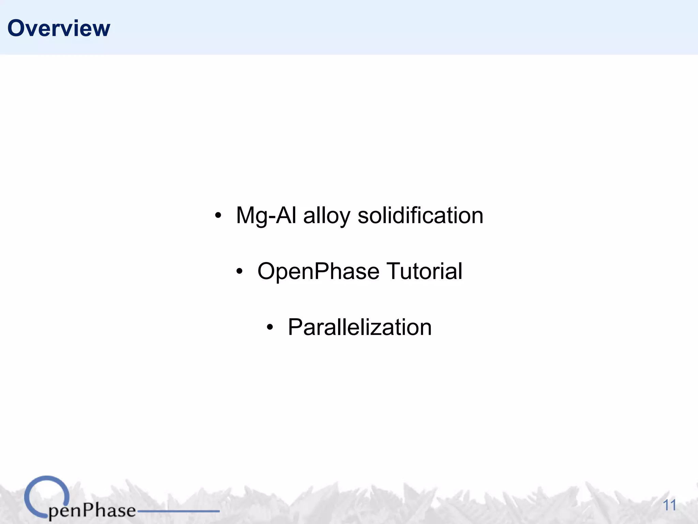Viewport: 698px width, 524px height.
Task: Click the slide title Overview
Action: pyautogui.click(x=59, y=28)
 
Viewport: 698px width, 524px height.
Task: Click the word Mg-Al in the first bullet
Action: pyautogui.click(x=266, y=216)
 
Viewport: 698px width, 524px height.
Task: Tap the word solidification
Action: pyautogui.click(x=420, y=216)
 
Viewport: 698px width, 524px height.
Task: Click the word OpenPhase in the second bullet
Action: pyautogui.click(x=318, y=272)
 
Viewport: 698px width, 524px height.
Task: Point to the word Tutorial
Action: pyautogui.click(x=424, y=271)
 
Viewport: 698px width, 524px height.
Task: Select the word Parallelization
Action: pyautogui.click(x=360, y=327)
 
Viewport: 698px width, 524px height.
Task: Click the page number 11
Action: pyautogui.click(x=669, y=505)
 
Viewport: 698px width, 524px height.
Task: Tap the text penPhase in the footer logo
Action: pyautogui.click(x=92, y=511)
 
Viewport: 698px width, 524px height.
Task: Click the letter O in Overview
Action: pyautogui.click(x=17, y=28)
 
